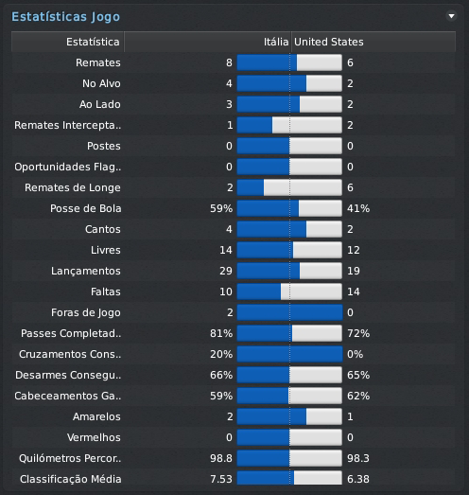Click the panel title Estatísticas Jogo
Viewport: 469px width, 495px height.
click(x=65, y=16)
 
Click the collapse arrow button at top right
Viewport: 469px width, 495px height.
click(x=451, y=16)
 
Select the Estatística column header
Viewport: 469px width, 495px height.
click(x=94, y=42)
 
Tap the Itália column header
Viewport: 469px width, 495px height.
click(x=276, y=42)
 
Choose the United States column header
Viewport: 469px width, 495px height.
click(x=329, y=42)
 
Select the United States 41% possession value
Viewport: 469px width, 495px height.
click(x=358, y=208)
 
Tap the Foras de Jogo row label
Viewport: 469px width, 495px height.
click(x=85, y=312)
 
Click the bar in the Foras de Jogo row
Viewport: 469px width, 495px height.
click(x=289, y=312)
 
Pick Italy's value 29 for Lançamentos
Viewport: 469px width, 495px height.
click(x=225, y=271)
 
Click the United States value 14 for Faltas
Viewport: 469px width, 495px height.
click(x=354, y=292)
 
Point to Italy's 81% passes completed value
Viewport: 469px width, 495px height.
click(x=221, y=333)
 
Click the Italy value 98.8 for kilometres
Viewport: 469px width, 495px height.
click(x=221, y=458)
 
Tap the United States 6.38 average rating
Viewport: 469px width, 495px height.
click(x=358, y=479)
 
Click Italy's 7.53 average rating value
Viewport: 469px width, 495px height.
click(x=221, y=479)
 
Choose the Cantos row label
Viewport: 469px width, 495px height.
click(x=102, y=229)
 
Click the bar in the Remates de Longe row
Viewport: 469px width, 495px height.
click(x=289, y=187)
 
